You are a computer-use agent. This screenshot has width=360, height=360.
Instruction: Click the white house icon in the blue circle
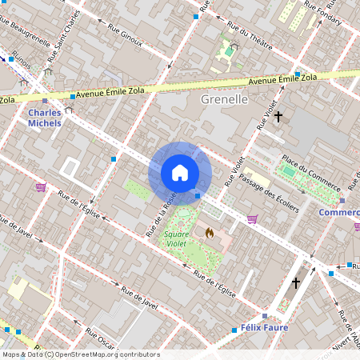pyautogui.click(x=180, y=173)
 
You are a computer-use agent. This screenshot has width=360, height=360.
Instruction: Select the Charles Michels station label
pyautogui.click(x=45, y=118)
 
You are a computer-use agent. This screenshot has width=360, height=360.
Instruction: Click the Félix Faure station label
pyautogui.click(x=263, y=328)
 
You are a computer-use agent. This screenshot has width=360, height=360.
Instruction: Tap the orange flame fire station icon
pyautogui.click(x=210, y=233)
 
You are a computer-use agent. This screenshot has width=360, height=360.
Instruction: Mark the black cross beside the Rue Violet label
pyautogui.click(x=278, y=118)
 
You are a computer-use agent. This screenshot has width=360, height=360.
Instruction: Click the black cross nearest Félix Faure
pyautogui.click(x=296, y=283)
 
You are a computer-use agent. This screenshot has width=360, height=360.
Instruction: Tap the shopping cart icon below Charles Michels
pyautogui.click(x=41, y=186)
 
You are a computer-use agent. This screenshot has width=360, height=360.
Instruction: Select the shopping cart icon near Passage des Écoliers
pyautogui.click(x=253, y=218)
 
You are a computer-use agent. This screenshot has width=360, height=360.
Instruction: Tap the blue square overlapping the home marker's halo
pyautogui.click(x=198, y=194)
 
